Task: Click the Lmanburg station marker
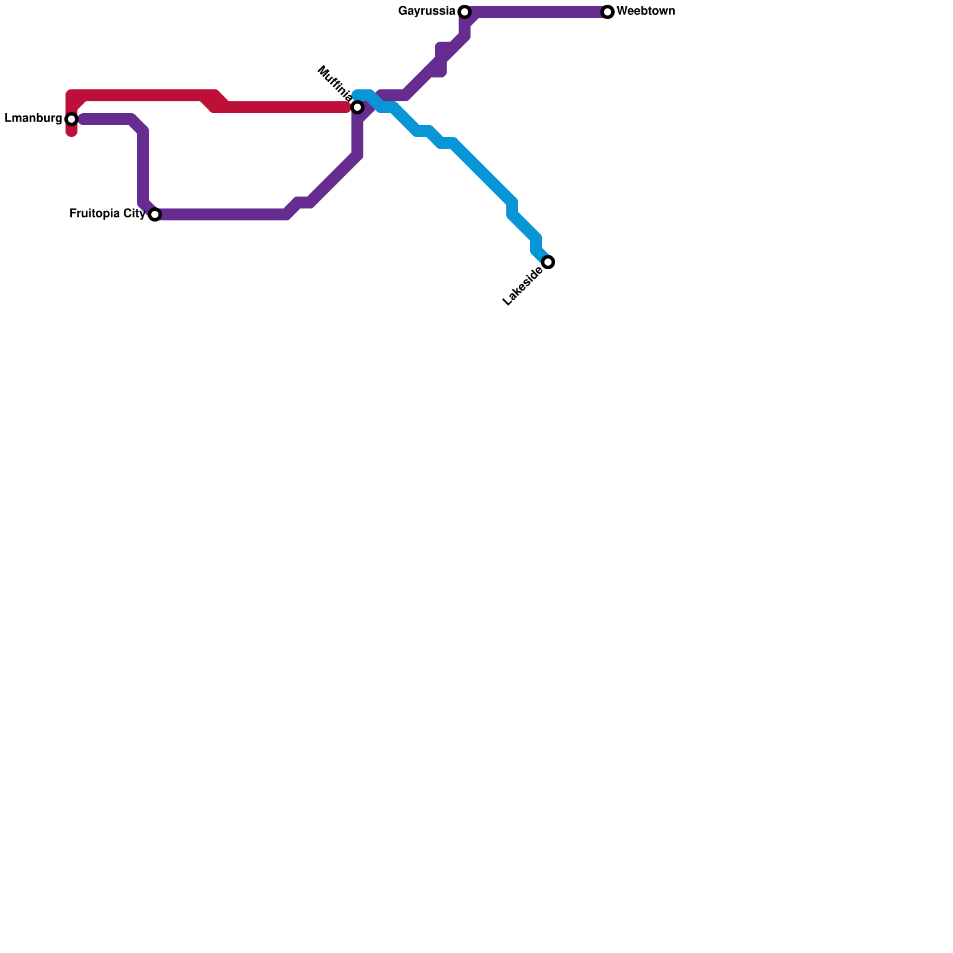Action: (x=71, y=119)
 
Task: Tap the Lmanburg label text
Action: (x=33, y=119)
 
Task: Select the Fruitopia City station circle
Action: (x=155, y=214)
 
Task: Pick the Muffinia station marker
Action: (x=357, y=107)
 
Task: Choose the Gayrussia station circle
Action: (x=465, y=12)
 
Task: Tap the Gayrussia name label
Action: (x=426, y=11)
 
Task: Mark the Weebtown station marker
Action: (x=608, y=12)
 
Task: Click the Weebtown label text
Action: (x=646, y=11)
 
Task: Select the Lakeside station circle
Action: (x=549, y=262)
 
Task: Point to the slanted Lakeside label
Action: (x=522, y=286)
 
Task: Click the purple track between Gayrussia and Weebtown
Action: (x=536, y=12)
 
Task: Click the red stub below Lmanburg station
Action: (x=71, y=131)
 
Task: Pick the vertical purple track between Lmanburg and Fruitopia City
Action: (x=143, y=167)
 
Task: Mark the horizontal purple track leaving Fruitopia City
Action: (x=220, y=214)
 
